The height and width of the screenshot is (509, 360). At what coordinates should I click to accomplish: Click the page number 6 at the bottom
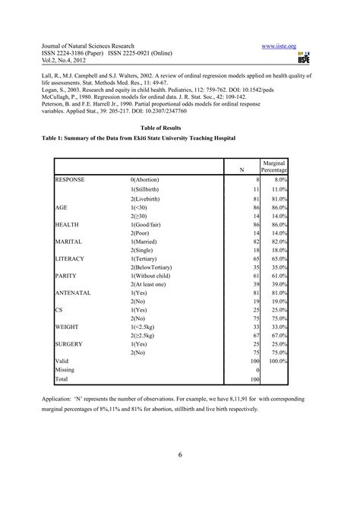[x=180, y=454]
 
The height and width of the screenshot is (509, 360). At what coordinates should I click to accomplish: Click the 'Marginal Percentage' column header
[x=273, y=167]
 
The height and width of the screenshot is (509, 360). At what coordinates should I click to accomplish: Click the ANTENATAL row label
[x=74, y=292]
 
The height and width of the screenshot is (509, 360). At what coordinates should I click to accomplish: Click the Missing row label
[x=66, y=369]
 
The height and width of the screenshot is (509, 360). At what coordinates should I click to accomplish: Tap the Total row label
[x=62, y=378]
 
